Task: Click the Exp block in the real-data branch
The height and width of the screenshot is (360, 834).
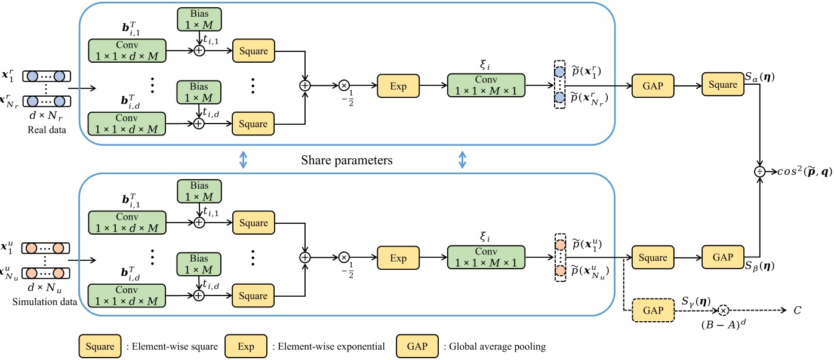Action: [398, 86]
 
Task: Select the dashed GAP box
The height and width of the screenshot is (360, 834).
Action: [652, 310]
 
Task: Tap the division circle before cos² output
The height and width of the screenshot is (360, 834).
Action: [759, 171]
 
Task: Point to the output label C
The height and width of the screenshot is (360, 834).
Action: [797, 310]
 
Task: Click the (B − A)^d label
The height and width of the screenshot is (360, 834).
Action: [724, 325]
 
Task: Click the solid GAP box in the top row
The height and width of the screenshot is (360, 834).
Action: [652, 86]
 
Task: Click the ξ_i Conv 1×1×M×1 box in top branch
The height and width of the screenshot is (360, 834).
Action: [486, 86]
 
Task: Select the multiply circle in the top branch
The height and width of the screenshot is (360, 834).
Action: [344, 86]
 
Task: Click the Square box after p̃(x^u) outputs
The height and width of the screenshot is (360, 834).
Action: [652, 257]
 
